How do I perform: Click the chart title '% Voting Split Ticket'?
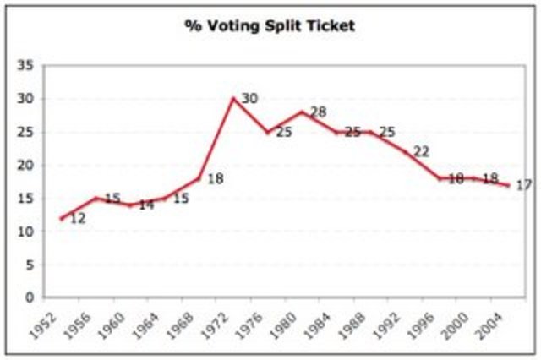click(270, 25)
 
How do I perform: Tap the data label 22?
click(421, 151)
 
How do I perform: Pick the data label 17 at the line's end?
click(523, 185)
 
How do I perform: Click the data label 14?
click(146, 205)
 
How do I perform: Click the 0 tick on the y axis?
click(29, 297)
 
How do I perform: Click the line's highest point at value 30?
click(232, 98)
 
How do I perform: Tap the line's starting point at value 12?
click(61, 218)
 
